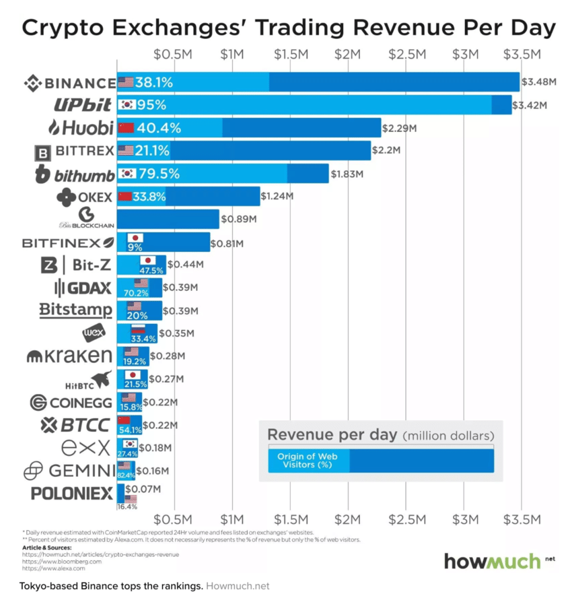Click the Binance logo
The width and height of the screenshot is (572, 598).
(69, 83)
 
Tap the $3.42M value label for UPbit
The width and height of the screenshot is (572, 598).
(530, 105)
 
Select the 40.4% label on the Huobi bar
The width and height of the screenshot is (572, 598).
(159, 127)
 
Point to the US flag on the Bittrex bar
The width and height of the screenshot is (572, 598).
(126, 150)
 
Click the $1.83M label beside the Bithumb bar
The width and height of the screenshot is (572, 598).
(347, 173)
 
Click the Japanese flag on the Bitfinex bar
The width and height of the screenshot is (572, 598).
(135, 238)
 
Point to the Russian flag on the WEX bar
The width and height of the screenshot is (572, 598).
(138, 329)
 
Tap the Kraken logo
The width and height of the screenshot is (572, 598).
(69, 356)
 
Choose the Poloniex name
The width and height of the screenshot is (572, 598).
(72, 494)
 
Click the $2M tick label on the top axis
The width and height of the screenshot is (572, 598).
(348, 54)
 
